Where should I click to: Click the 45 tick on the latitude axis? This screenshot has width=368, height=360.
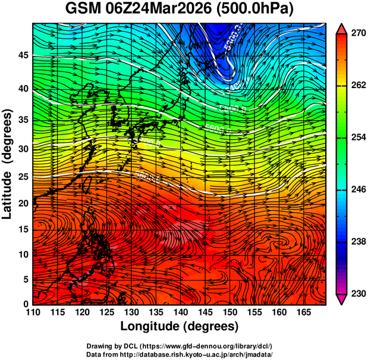click(x=23, y=55)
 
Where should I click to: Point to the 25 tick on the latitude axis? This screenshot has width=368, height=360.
click(x=23, y=176)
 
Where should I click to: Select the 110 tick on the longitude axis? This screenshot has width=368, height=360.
click(x=33, y=312)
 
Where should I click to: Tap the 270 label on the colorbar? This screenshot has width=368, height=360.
click(x=357, y=33)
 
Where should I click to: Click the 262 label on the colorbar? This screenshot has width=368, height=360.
click(x=357, y=85)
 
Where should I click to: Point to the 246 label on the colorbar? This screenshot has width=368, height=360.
click(x=357, y=189)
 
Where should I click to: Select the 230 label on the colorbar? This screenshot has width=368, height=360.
click(x=357, y=293)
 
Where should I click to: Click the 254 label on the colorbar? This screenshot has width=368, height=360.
click(x=357, y=137)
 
